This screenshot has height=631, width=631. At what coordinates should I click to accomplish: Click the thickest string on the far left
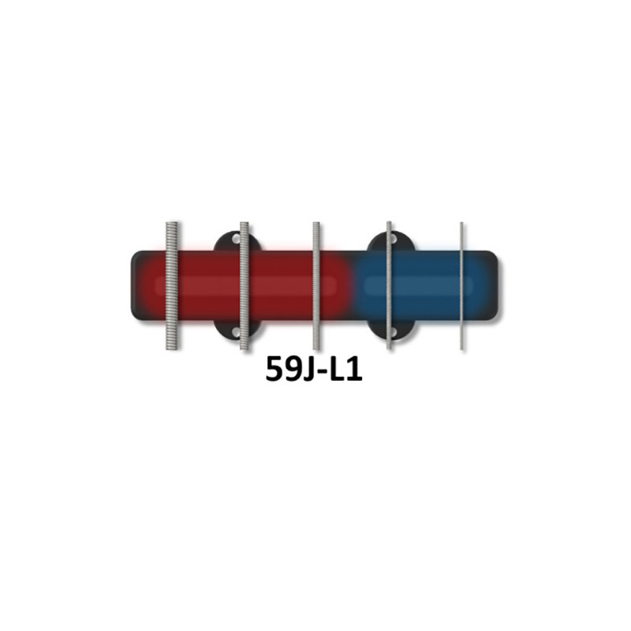tap(172, 286)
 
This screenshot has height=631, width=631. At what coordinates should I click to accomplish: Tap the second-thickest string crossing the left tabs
tap(245, 286)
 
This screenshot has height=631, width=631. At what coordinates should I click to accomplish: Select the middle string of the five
tap(316, 286)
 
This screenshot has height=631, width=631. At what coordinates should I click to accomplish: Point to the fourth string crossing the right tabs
tap(389, 286)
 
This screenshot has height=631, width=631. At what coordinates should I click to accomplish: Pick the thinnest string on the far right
tap(461, 286)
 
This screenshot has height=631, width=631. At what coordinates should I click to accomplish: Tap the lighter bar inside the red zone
tap(245, 286)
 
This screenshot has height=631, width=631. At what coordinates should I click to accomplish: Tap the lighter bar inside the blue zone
tap(419, 286)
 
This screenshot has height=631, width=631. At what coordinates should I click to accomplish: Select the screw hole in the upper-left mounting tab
tap(236, 239)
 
